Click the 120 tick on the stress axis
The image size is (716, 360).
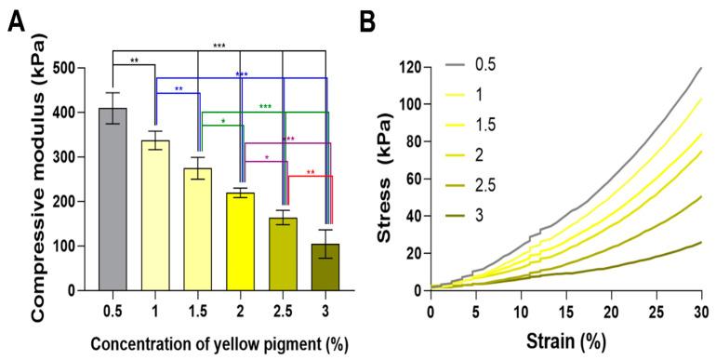(x=407, y=68)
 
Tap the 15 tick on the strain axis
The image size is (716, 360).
(x=566, y=308)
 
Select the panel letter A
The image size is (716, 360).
(x=15, y=20)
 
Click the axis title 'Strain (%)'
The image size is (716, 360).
(x=564, y=338)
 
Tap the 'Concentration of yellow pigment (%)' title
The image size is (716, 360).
(x=220, y=344)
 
